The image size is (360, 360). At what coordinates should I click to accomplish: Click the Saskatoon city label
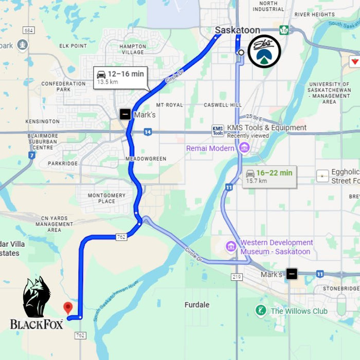237,30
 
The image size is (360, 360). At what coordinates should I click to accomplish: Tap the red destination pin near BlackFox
67,308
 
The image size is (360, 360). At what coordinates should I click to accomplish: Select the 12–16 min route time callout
120,77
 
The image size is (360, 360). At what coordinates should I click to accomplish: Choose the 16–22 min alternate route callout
269,176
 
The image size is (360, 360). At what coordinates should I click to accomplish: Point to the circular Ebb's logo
264,51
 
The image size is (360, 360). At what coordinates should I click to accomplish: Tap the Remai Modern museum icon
244,148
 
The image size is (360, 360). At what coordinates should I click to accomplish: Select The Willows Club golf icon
261,311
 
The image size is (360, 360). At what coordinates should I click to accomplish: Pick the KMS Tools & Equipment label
266,128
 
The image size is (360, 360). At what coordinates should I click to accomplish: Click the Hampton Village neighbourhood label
132,49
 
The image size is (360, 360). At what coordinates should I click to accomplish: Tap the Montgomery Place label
106,198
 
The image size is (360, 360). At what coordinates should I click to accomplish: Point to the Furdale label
197,304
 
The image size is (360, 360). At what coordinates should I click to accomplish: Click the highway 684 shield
29,31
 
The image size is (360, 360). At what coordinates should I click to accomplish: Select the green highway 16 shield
284,30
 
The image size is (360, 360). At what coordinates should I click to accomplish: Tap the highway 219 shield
237,277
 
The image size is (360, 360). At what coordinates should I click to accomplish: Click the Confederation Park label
63,86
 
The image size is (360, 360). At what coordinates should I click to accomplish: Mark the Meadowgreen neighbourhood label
146,159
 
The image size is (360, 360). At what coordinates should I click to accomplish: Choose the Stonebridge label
341,289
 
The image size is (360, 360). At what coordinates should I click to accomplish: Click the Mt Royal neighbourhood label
169,105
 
